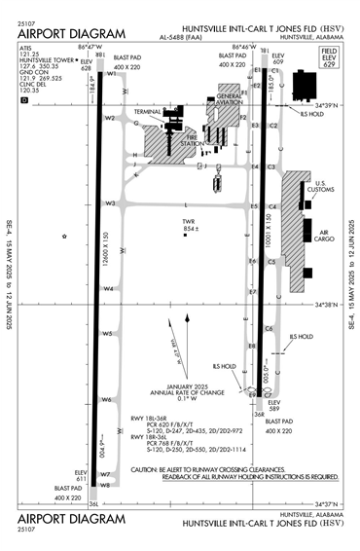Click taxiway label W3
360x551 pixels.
coord(110,203)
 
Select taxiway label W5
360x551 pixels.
coord(109,333)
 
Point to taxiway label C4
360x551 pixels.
coord(273,207)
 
